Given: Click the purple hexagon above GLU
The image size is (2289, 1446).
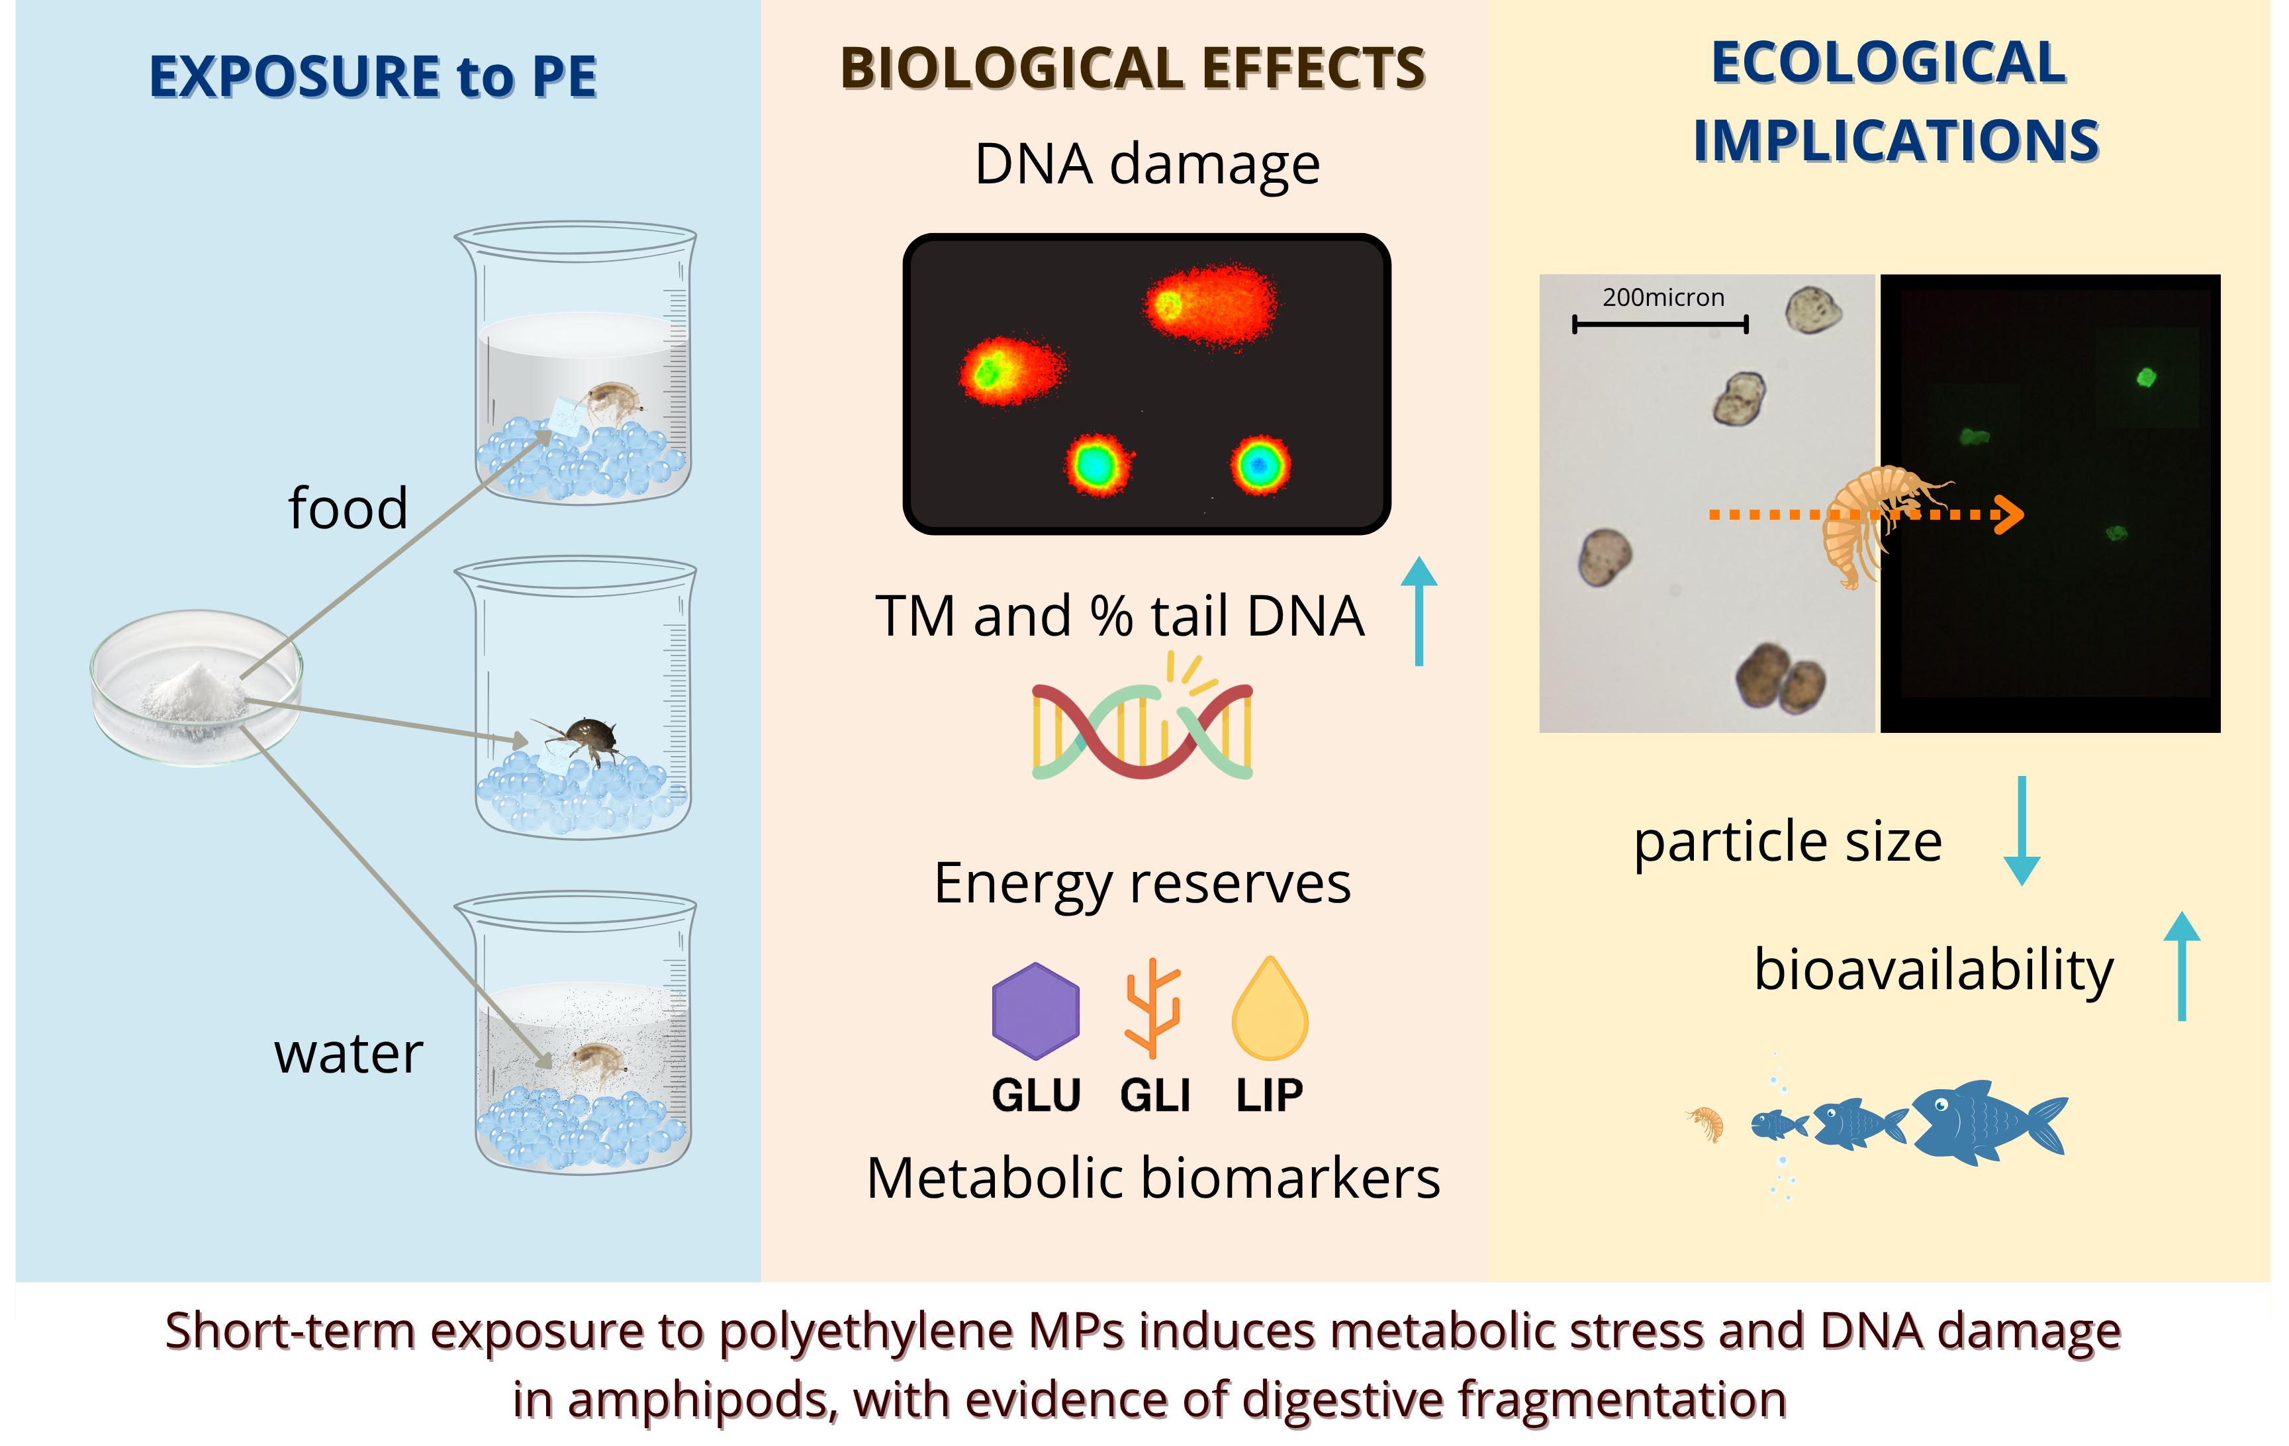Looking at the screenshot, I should click(x=1035, y=1010).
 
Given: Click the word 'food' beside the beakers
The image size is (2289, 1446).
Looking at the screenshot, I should click(x=348, y=508).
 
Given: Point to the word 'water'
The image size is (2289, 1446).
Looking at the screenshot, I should click(x=348, y=1054).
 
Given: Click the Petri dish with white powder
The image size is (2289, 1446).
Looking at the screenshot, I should click(x=197, y=687).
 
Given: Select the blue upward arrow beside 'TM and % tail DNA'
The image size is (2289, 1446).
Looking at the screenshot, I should click(x=1419, y=610).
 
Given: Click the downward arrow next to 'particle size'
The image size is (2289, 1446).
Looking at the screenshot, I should click(x=2021, y=830).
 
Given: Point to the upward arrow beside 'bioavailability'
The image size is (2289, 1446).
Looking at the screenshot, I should click(x=2182, y=966).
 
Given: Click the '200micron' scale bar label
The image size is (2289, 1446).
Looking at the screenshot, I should click(x=1663, y=297).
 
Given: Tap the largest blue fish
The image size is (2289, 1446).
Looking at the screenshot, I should click(x=1986, y=1122).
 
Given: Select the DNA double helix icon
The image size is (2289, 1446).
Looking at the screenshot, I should click(x=1143, y=727).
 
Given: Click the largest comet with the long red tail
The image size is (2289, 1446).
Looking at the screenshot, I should click(x=1211, y=304).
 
